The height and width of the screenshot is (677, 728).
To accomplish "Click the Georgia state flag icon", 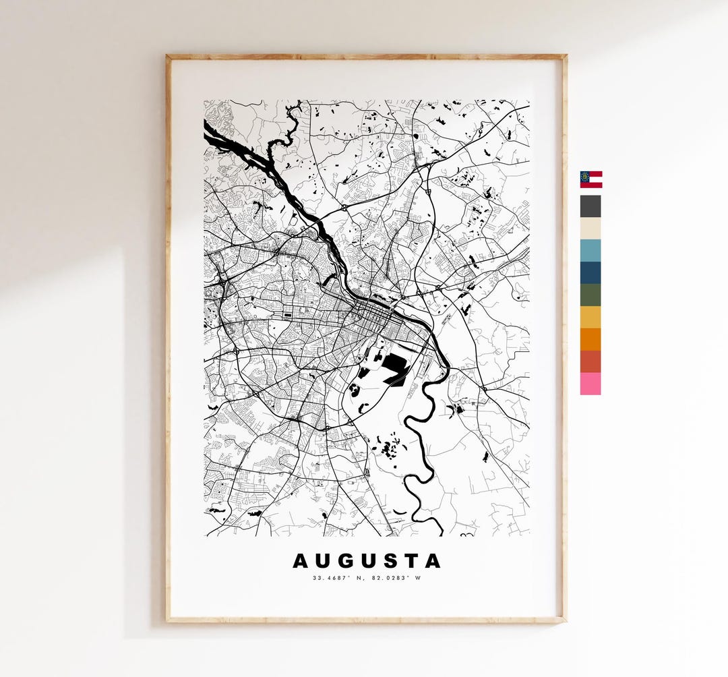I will [590, 179].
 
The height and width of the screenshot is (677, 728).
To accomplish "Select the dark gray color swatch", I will [590, 206].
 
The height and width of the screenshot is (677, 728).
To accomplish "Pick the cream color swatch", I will [590, 228].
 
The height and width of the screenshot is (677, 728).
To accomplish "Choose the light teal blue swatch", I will [590, 250].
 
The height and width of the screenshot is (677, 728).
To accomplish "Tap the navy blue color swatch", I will [590, 272].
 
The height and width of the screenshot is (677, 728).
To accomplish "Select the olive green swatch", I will [590, 295].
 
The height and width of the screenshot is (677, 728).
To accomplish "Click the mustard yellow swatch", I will [590, 317].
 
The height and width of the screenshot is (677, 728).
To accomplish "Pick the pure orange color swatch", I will [590, 339].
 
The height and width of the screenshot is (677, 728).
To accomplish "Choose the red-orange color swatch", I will [590, 361].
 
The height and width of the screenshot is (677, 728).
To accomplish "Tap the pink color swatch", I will [590, 384].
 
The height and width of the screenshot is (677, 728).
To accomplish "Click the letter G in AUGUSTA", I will [346, 561].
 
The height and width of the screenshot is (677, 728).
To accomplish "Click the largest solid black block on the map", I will [395, 368].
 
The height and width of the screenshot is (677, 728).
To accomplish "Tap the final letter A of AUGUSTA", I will [433, 561].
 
